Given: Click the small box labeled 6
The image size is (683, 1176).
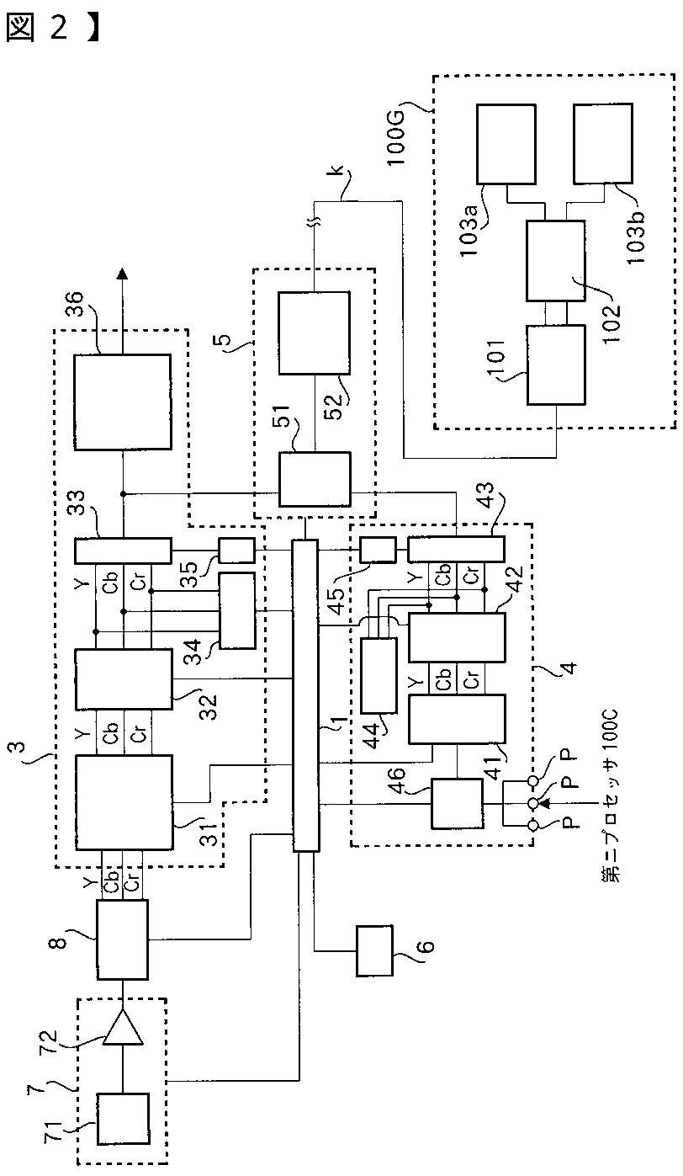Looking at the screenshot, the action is [374, 950].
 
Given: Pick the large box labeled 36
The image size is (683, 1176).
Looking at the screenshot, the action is [122, 402].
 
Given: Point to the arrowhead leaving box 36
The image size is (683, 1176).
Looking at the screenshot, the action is [122, 273].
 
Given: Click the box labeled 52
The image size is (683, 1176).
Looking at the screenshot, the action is [314, 333].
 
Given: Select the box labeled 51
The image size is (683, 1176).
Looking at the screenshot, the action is [314, 479].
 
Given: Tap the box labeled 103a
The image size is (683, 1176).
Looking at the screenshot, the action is [506, 144].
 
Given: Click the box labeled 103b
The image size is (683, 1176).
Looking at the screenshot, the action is [603, 144].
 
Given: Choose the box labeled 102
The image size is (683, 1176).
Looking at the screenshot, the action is [555, 260].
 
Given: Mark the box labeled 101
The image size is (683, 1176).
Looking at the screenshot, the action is [555, 365].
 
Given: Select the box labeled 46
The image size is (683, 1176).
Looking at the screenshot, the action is [457, 804].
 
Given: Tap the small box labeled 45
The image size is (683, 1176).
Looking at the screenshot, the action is [378, 551].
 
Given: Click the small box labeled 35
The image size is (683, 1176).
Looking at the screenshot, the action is [236, 551].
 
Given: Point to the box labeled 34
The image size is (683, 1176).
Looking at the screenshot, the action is [237, 610].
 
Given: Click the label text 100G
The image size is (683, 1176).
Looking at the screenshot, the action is [397, 138].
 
